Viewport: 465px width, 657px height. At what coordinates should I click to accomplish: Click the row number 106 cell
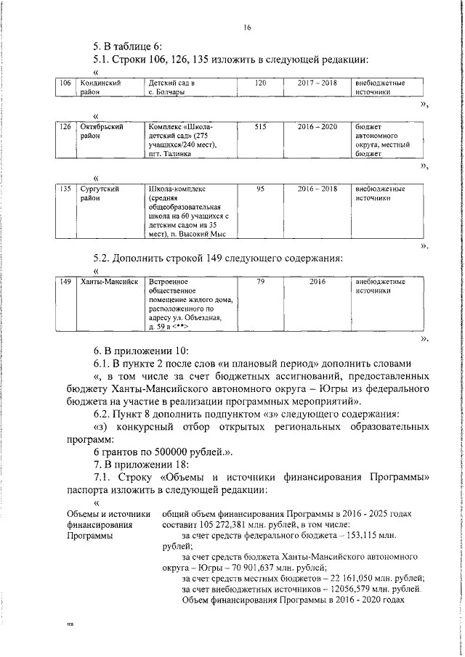click(65, 83)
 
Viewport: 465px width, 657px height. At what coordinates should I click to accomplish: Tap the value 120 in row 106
click(261, 83)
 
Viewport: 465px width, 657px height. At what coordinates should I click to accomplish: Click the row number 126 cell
click(65, 126)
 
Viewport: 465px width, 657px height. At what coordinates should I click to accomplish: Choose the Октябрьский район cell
click(101, 131)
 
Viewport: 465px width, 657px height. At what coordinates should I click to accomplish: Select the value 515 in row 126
click(261, 126)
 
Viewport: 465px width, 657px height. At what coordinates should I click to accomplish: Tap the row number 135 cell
click(65, 189)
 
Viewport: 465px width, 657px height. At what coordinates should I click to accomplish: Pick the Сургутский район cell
click(100, 193)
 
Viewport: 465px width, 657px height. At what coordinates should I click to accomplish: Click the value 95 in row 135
click(261, 189)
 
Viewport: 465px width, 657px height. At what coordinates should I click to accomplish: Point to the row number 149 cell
click(65, 281)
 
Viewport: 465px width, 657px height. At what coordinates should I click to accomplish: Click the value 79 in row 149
click(261, 281)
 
